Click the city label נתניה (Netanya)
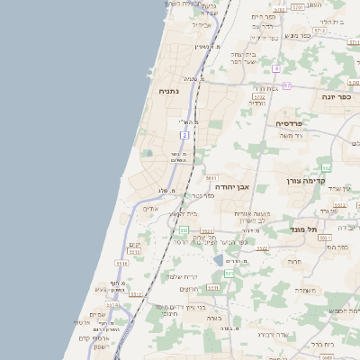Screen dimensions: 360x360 168,91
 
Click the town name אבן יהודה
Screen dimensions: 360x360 246,187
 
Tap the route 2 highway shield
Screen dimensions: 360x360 184,135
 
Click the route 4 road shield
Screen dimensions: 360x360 277,69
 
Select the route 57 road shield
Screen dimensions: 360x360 287,85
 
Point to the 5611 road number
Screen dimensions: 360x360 211,178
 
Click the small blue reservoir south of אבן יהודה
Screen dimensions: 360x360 219,261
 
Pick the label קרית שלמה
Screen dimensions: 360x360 182,276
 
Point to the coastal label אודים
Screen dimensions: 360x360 150,208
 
